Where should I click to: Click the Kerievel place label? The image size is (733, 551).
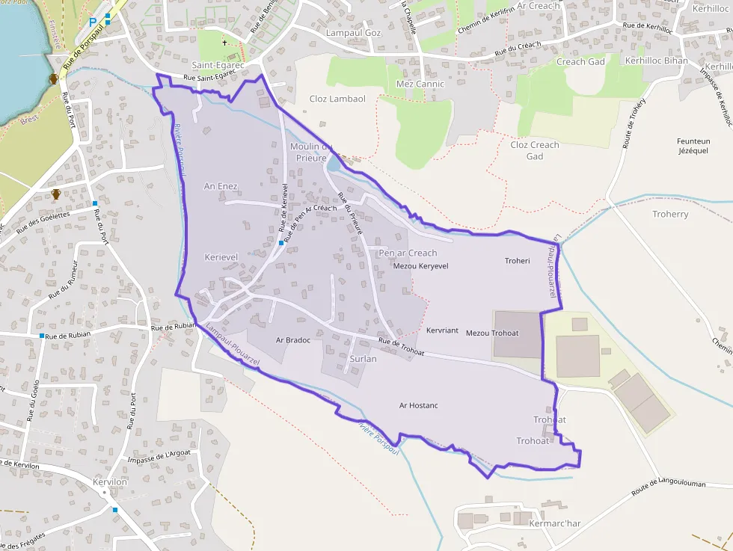[x=221, y=257]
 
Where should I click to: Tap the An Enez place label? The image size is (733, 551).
[x=221, y=185]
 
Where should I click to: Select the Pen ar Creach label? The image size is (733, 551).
[x=408, y=253]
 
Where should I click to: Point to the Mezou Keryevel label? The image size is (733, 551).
[x=420, y=266]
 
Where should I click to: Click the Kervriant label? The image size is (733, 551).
[x=442, y=330]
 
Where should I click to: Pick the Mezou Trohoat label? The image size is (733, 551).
[x=491, y=333]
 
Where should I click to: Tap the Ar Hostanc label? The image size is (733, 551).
[x=418, y=405]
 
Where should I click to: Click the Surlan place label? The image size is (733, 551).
[x=363, y=359]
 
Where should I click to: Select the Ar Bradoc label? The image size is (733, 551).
[x=292, y=340]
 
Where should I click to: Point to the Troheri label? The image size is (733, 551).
[x=517, y=261]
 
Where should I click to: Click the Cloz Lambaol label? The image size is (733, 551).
[x=337, y=99]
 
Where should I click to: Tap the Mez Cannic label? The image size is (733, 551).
[x=420, y=84]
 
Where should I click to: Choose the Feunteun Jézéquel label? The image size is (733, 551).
[x=693, y=146]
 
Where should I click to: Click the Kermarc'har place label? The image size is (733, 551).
[x=554, y=523]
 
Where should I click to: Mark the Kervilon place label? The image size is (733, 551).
[x=110, y=482]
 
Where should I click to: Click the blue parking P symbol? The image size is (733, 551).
[x=93, y=22]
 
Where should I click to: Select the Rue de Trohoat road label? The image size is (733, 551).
[x=401, y=347]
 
